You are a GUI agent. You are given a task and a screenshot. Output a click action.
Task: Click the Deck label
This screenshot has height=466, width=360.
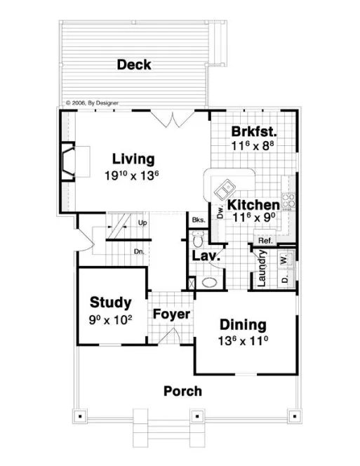click(134, 65)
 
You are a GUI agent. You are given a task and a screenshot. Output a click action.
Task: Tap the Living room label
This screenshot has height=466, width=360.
click(133, 159)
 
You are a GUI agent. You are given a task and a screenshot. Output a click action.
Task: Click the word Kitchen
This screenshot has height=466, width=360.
click(253, 205)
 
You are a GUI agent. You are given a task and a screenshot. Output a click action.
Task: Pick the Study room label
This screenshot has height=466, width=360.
click(110, 302)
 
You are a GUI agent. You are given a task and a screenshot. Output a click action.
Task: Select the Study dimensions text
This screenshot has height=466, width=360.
click(110, 320)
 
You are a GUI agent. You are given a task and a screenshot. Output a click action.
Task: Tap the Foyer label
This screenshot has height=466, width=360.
click(171, 314)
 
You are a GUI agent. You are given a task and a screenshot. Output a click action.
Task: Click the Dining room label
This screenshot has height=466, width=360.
click(243, 325)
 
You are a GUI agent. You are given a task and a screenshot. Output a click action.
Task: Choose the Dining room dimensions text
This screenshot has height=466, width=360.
click(243, 342)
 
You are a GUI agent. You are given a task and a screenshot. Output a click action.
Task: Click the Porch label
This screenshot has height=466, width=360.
click(182, 391)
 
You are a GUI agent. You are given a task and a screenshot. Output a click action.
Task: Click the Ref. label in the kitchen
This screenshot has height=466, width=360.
click(265, 241)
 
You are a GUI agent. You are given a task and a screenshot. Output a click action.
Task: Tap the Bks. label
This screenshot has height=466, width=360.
click(198, 220)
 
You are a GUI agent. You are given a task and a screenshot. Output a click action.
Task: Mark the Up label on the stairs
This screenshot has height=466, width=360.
click(142, 223)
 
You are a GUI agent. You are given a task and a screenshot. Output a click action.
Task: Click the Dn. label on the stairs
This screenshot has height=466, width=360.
click(139, 251)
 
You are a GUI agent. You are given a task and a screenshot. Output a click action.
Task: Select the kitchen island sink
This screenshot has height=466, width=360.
click(225, 188)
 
